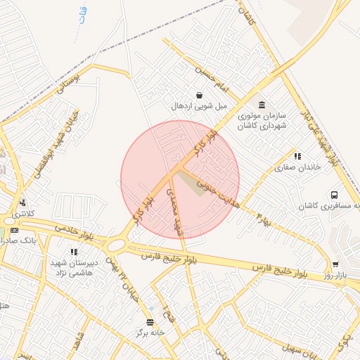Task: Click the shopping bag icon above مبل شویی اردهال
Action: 200,95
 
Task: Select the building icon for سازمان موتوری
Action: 262,105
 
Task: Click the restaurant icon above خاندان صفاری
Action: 297,156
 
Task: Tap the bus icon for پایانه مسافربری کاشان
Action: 333,195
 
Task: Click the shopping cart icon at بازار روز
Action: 335,264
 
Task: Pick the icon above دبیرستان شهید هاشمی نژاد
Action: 73,251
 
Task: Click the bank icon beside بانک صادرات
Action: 14,230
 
